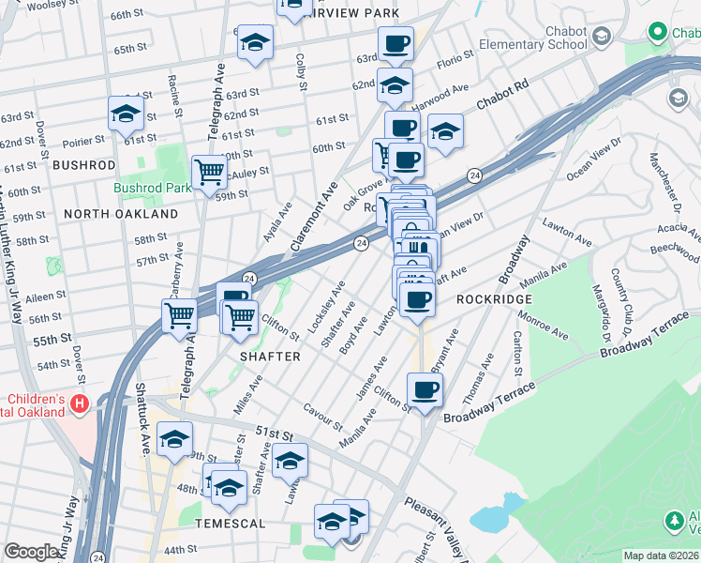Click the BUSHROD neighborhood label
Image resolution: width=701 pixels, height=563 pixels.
[83, 164]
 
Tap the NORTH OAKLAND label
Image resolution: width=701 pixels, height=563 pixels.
[120, 214]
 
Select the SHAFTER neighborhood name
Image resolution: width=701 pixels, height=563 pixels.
[270, 357]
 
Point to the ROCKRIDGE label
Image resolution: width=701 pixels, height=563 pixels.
[494, 298]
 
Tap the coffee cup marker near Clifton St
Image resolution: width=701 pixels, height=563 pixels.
[425, 389]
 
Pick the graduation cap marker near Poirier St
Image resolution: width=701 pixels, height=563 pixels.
[125, 114]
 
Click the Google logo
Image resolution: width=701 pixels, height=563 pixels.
[31, 552]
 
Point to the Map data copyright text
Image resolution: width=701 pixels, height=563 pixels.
[661, 555]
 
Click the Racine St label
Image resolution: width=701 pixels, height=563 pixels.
[174, 92]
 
